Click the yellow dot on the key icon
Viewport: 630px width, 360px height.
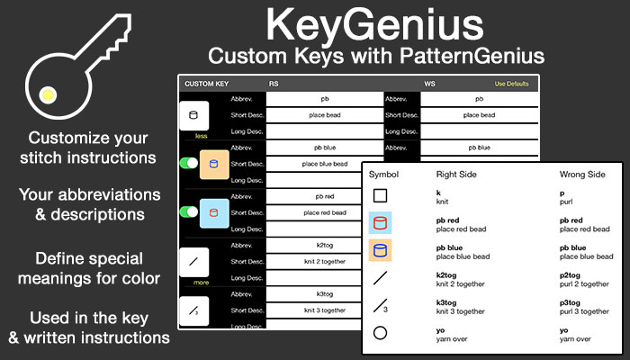click(49, 91)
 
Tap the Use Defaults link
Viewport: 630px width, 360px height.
click(513, 84)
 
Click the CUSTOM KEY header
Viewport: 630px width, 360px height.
click(206, 84)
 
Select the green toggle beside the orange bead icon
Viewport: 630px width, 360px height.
click(189, 163)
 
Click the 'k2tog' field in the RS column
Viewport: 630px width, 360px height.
click(324, 244)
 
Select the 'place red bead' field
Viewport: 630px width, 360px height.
click(324, 211)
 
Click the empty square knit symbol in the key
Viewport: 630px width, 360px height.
click(381, 195)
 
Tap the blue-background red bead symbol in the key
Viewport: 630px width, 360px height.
click(381, 223)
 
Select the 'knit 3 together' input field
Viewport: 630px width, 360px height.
click(324, 309)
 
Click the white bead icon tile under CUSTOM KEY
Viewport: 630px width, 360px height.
click(194, 115)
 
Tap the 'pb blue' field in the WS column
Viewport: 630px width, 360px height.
click(479, 147)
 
